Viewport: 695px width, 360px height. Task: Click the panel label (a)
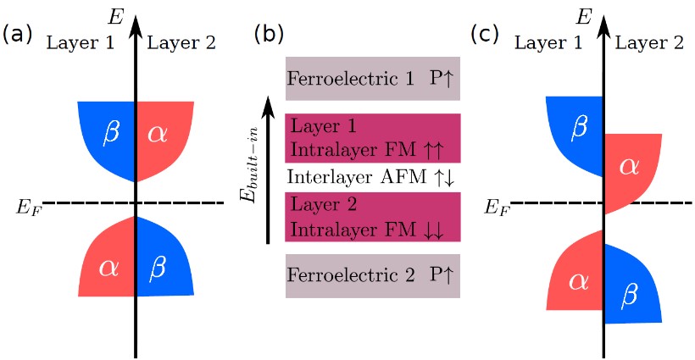click(18, 35)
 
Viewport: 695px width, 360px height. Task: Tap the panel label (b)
click(270, 35)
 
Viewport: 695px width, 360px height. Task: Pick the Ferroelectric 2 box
click(372, 275)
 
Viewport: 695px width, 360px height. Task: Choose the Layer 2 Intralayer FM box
click(372, 217)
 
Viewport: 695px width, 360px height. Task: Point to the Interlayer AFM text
click(372, 178)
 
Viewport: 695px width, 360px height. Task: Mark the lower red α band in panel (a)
click(108, 267)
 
